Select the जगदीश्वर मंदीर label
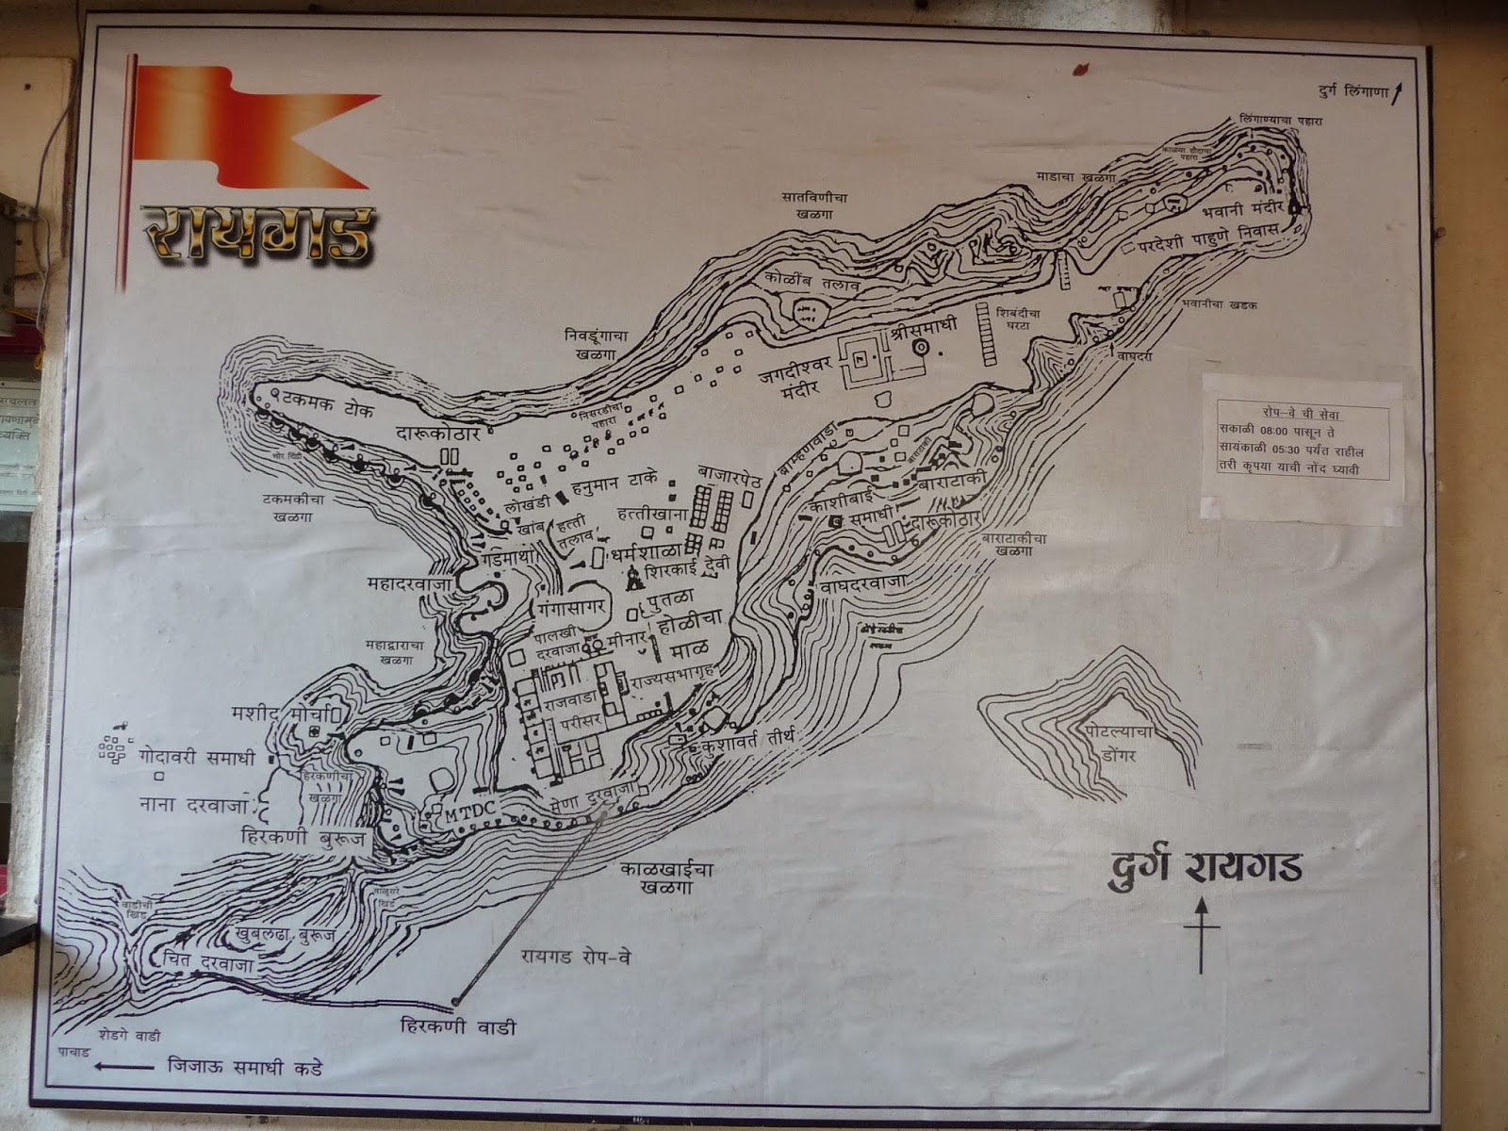[795, 379]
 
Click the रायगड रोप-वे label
[575, 957]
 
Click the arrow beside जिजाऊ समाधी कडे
[123, 1068]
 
